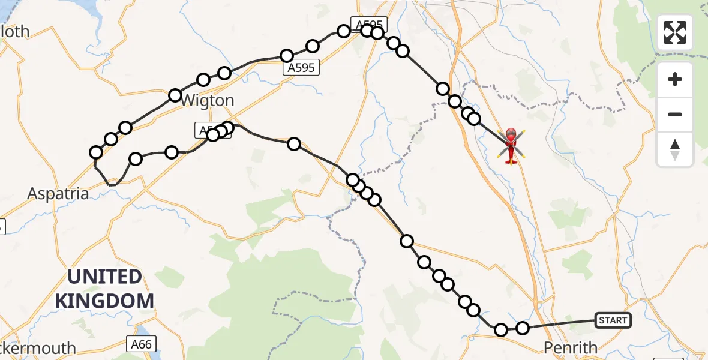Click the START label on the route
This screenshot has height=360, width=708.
coord(613,320)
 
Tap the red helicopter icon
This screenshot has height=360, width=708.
coord(511,145)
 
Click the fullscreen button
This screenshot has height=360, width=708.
coord(675,32)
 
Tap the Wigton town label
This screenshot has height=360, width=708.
coord(207,100)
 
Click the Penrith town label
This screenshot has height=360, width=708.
coord(570,347)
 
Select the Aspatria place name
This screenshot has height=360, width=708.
coord(59,194)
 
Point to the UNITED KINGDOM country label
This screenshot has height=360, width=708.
coord(104,289)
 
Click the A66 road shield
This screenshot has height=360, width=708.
coord(142,344)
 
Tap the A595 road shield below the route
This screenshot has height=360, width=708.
coord(301,68)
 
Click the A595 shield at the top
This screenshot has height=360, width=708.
coord(368,24)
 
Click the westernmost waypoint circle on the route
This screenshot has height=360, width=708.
coord(96,152)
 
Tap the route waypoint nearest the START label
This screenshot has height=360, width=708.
coord(523,328)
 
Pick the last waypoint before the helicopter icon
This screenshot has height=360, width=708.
coord(474,119)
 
